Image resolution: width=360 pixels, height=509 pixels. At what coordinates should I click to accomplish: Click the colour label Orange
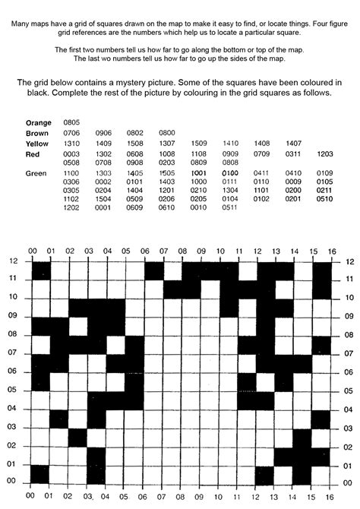38,122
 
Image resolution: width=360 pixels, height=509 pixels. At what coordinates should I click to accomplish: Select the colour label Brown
38,133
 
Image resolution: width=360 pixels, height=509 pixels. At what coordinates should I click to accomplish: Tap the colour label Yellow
37,144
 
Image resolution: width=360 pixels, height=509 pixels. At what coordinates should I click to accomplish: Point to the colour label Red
33,154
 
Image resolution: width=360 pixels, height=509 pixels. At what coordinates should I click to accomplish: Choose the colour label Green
36,174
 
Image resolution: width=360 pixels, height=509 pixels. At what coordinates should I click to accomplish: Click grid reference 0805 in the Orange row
72,122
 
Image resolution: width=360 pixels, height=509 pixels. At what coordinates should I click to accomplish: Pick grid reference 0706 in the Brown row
72,133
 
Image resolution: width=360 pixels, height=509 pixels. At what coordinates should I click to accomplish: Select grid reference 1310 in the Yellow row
72,144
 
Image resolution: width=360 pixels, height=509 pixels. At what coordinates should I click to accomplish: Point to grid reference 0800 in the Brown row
167,133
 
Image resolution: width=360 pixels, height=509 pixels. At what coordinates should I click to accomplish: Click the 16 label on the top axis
331,251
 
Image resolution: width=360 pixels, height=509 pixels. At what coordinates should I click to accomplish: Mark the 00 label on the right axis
349,481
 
